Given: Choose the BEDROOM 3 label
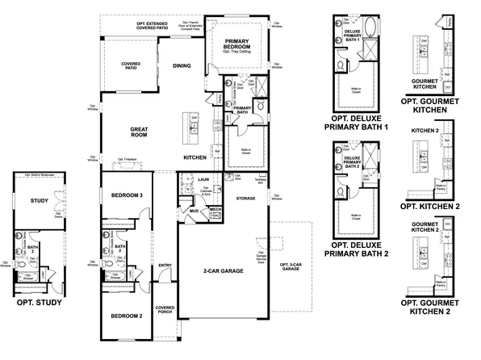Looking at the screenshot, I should (x=127, y=196).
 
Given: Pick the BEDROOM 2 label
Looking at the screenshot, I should (x=127, y=316).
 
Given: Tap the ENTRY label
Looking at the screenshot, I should (x=165, y=265).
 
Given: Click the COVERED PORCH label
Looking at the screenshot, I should (x=165, y=310).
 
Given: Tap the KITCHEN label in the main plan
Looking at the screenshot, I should (x=197, y=157).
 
